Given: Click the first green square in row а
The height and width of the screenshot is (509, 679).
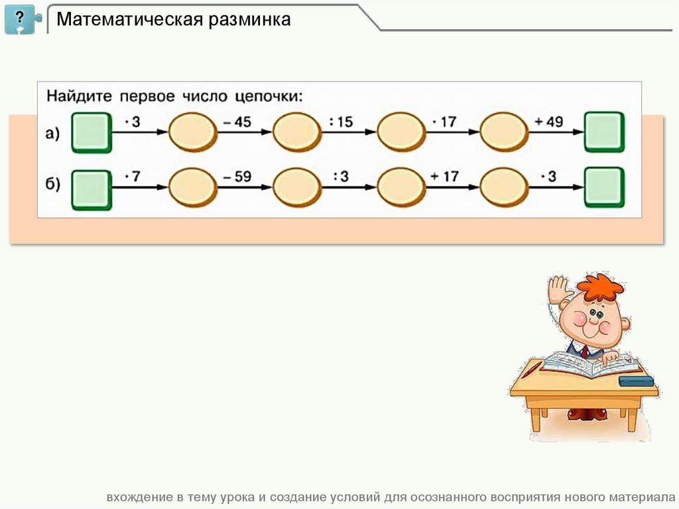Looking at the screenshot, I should coord(91,132).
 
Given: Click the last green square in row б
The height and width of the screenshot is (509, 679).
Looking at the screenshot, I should coord(604,187).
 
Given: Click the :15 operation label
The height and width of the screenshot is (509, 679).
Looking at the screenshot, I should coord(342,122).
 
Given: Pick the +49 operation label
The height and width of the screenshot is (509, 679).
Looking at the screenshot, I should coord(548,122).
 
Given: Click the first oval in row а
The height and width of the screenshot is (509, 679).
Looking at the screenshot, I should coord(193,132).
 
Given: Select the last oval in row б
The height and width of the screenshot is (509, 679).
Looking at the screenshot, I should coord(504,187).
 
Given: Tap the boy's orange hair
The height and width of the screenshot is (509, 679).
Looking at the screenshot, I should coord(600,287).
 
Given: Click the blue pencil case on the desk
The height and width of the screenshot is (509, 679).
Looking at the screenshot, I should coord(636,381).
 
